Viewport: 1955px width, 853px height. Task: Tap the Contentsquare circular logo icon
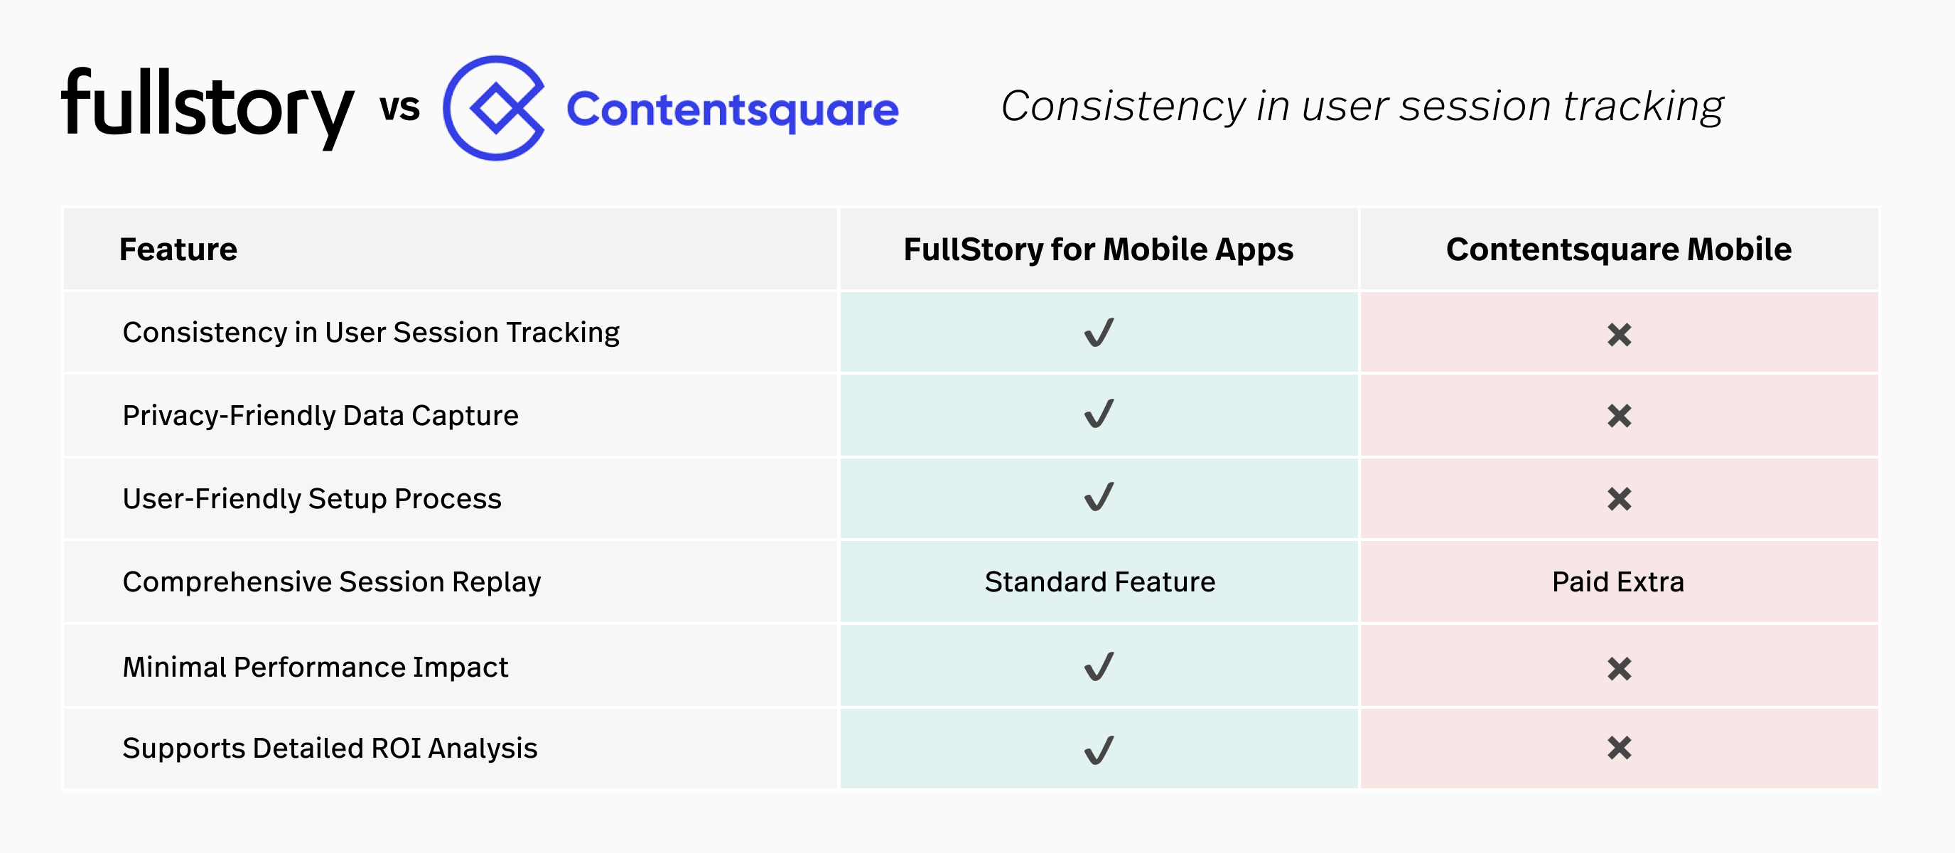point(494,108)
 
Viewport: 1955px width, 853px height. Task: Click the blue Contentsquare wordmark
point(733,110)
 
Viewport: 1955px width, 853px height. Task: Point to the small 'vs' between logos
point(399,108)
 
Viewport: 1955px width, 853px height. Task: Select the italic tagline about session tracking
point(1362,106)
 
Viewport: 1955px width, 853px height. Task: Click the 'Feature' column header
point(178,250)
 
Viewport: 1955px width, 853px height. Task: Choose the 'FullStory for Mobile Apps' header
point(1098,250)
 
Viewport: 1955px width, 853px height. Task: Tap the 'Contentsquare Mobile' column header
point(1618,250)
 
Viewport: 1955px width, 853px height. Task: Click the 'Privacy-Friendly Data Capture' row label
point(321,416)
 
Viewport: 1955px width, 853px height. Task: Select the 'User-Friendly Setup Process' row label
point(312,498)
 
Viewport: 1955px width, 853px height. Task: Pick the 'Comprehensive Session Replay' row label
point(332,582)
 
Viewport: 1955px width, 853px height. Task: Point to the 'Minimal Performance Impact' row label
point(315,667)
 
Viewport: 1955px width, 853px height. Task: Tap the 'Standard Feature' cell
point(1099,582)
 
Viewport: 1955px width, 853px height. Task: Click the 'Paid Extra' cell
point(1618,582)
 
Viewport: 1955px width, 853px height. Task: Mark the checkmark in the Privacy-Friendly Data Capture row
point(1099,414)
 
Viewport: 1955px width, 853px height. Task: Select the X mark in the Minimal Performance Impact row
point(1619,669)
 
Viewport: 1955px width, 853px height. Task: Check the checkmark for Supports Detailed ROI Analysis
point(1099,750)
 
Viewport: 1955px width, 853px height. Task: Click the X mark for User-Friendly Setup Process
point(1619,499)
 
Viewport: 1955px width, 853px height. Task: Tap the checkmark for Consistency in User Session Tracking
point(1099,333)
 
